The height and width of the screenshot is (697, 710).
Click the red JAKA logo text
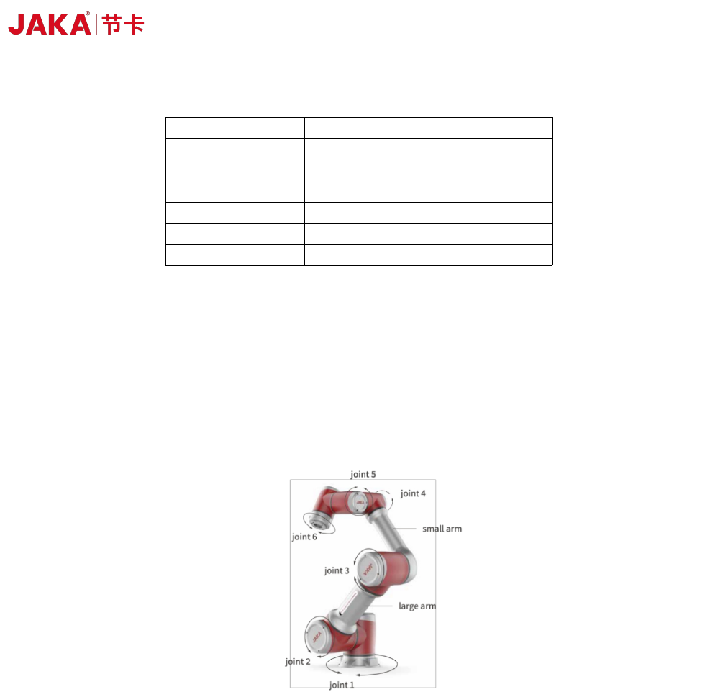(50, 24)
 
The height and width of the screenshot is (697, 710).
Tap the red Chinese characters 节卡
(123, 24)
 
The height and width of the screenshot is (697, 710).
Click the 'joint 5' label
(363, 474)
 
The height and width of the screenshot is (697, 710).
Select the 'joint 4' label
(413, 493)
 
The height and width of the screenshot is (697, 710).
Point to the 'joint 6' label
(304, 537)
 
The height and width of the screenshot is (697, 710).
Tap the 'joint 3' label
(337, 570)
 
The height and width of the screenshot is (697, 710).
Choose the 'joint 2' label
(298, 662)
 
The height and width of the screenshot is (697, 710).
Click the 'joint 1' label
(342, 685)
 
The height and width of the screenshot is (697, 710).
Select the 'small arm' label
(442, 529)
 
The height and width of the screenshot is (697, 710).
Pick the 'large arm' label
(417, 606)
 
